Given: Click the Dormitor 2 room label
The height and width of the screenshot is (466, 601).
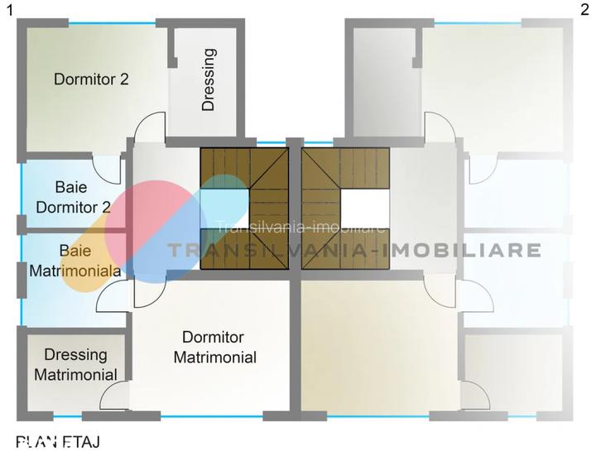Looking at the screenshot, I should tap(91, 79).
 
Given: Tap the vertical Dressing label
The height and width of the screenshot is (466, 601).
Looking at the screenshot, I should tap(209, 79).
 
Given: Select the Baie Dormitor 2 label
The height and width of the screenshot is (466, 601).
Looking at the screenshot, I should tap(73, 197).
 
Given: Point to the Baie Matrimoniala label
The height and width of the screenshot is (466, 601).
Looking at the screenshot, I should tap(75, 260).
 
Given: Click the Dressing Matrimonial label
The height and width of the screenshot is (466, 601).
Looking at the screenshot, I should tap(75, 364).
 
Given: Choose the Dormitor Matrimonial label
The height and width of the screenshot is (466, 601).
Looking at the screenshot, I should tap(219, 348).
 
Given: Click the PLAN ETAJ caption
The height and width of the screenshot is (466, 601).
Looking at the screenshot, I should tap(58, 443).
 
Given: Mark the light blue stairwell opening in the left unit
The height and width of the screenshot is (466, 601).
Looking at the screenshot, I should tap(225, 207).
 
